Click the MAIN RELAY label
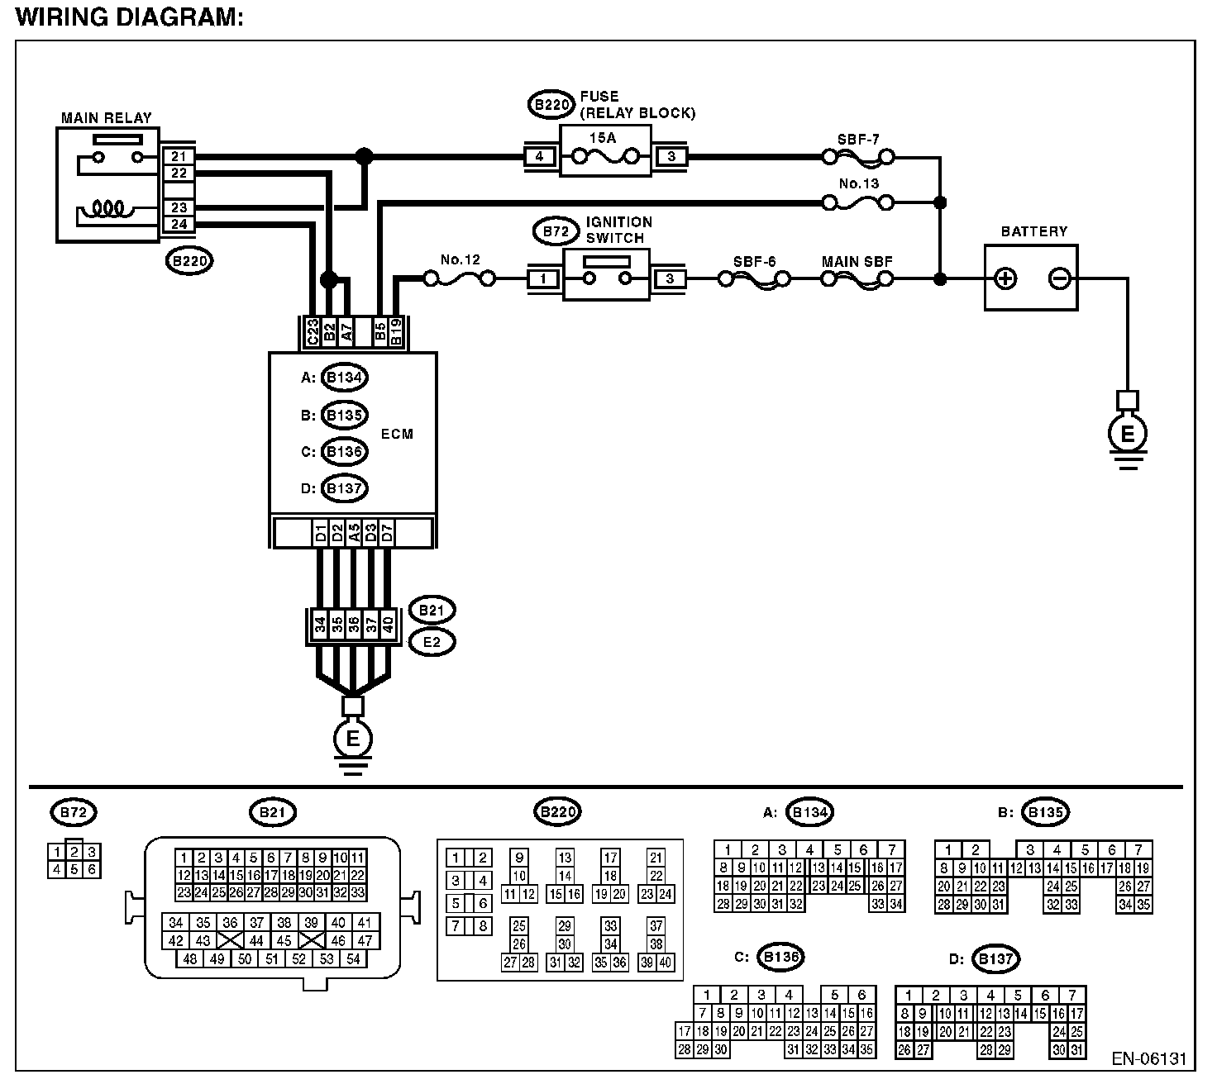(107, 117)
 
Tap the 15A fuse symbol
(605, 157)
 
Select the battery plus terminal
(1005, 278)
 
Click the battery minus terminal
(1059, 278)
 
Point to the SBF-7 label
(858, 140)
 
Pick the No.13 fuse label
(859, 183)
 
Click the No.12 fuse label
(461, 259)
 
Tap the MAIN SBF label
(857, 262)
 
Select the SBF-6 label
(755, 262)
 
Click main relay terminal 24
(179, 225)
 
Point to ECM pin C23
(313, 332)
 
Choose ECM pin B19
(396, 332)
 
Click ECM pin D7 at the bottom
(388, 532)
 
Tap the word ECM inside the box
(397, 434)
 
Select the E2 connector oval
(432, 642)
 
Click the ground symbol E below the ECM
(352, 739)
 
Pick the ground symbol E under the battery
(1128, 434)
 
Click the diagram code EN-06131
(1148, 1058)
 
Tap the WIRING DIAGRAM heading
(130, 17)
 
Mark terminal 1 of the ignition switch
(543, 278)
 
